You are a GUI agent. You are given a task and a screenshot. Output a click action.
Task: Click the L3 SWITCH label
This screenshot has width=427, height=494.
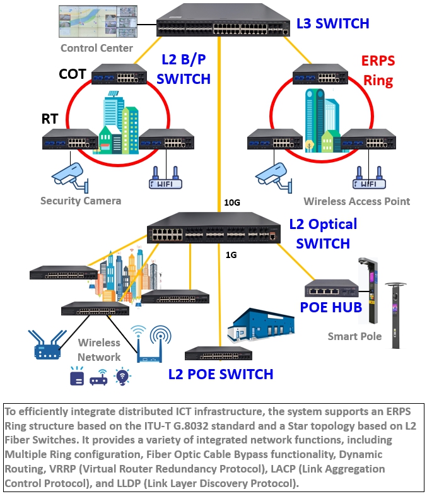tap(332, 24)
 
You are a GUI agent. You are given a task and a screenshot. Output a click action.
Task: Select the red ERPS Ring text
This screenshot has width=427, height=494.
tap(377, 71)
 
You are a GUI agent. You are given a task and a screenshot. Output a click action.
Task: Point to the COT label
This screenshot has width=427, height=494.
tap(72, 74)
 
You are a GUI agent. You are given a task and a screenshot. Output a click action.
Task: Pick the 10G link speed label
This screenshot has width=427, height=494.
tap(232, 203)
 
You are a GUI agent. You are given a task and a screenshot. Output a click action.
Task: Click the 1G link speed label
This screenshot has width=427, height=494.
tap(231, 256)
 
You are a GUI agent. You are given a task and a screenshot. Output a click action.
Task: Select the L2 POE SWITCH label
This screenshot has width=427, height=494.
tap(221, 374)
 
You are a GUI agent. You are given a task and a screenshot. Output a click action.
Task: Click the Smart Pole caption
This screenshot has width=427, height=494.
tap(354, 336)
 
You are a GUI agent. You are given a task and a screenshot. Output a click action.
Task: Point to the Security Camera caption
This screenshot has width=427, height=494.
tap(81, 201)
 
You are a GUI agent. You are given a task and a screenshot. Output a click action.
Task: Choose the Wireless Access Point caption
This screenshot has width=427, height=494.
tap(357, 201)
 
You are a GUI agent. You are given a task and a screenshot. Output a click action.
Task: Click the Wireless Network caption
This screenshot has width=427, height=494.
tap(99, 350)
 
